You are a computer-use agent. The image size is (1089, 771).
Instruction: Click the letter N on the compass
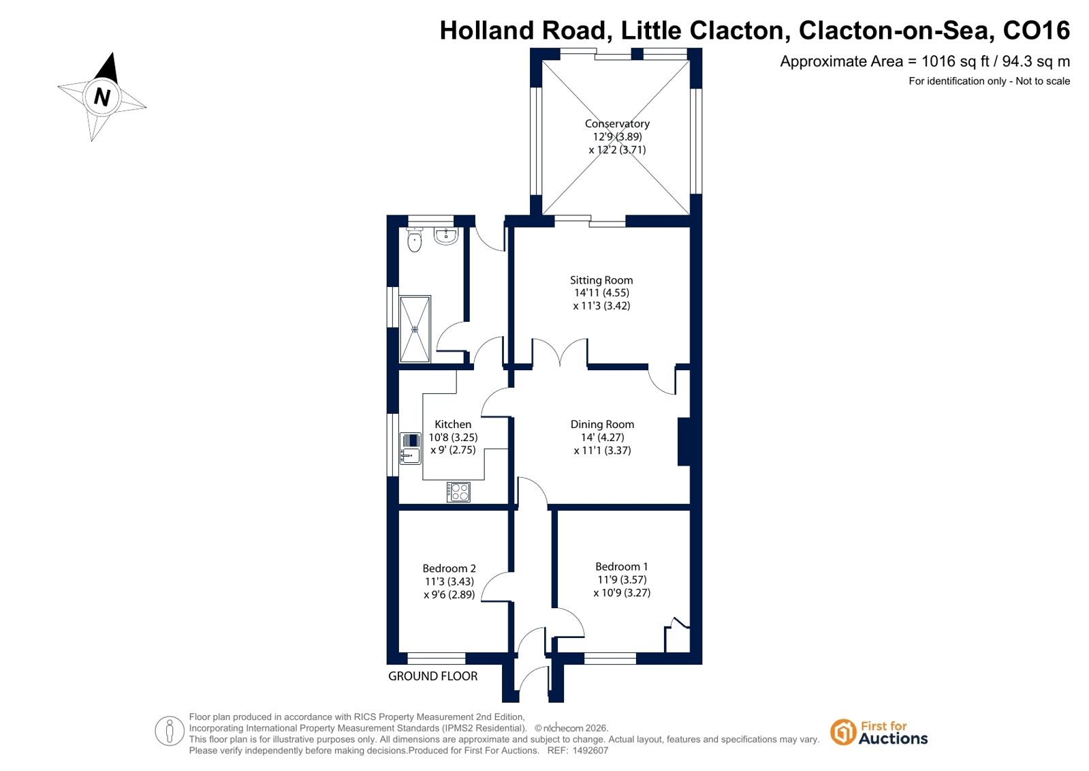click(x=101, y=97)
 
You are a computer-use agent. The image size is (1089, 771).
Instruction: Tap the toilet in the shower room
click(x=414, y=239)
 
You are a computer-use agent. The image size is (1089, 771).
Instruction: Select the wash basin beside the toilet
click(x=446, y=236)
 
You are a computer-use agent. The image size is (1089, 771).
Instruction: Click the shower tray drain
click(x=415, y=329)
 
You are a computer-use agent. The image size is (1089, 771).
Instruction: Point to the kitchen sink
click(x=410, y=449)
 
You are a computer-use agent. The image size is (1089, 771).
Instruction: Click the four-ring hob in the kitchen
click(x=458, y=492)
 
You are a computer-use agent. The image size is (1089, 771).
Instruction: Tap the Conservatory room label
click(x=617, y=123)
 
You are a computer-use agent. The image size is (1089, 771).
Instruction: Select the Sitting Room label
click(x=601, y=280)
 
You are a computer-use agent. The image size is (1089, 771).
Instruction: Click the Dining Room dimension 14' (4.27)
click(x=602, y=437)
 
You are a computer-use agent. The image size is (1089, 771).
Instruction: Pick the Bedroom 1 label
click(x=621, y=566)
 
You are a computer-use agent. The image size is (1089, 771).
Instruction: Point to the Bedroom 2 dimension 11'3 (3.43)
click(x=449, y=581)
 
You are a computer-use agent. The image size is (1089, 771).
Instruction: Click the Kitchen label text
click(x=453, y=424)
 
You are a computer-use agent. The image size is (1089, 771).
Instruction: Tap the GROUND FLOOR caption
click(x=432, y=676)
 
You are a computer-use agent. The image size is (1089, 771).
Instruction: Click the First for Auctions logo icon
click(x=842, y=732)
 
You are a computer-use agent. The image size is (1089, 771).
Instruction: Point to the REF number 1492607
click(x=590, y=750)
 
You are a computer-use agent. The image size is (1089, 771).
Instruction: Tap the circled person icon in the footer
click(x=169, y=731)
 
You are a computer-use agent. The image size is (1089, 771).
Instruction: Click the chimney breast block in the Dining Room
click(x=684, y=442)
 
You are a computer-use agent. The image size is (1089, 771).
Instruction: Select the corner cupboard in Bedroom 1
click(x=677, y=636)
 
